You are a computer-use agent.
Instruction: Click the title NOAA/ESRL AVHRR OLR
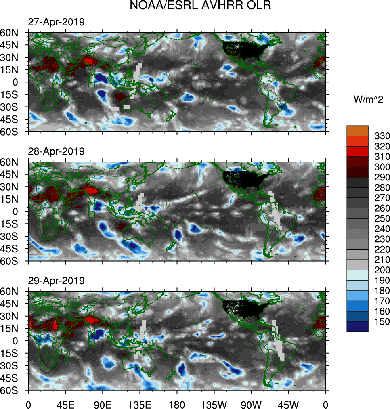(195, 6)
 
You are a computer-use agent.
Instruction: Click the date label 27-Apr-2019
(56, 22)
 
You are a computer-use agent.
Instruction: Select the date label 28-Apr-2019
(56, 151)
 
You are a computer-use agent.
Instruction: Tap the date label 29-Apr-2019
(56, 280)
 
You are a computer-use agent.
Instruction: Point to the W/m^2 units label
(366, 99)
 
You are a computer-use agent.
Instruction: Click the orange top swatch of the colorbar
(357, 130)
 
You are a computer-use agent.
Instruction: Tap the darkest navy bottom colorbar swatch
(357, 327)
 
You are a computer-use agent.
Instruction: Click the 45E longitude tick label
(65, 404)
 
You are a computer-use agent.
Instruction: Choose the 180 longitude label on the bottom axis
(177, 404)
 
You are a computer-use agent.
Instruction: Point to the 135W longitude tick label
(214, 404)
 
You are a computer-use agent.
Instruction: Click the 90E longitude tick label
(103, 404)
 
